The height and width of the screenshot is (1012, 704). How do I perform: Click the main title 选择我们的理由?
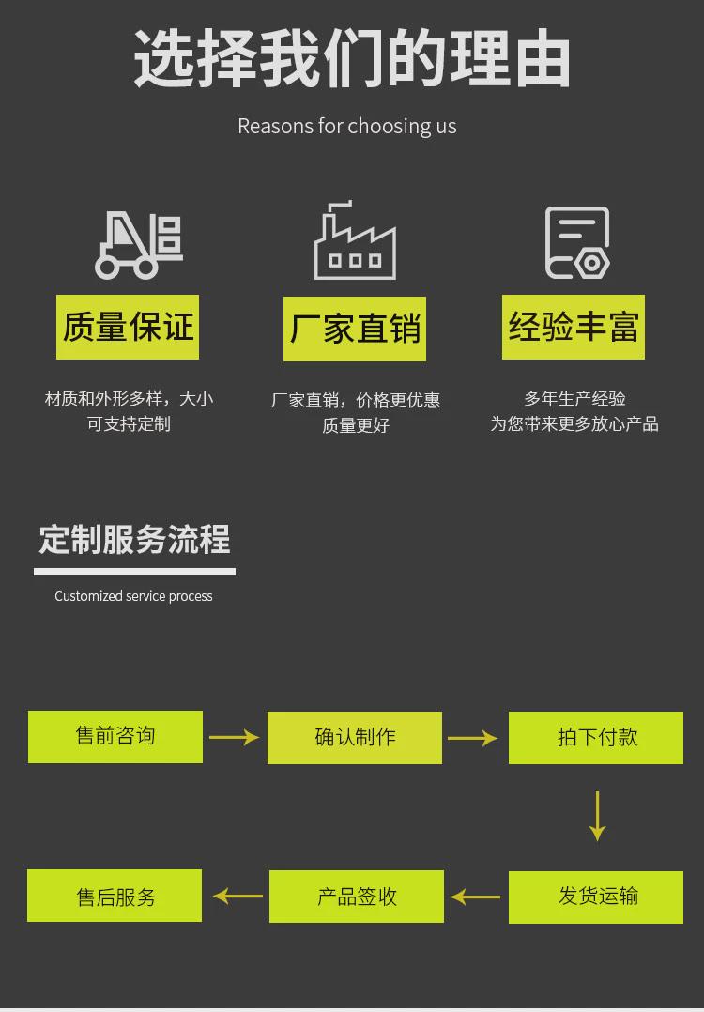click(352, 60)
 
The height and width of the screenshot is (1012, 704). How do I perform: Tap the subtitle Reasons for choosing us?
click(347, 126)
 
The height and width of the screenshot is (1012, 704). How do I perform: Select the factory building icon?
click(355, 242)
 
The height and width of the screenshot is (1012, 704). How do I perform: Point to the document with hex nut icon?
click(577, 243)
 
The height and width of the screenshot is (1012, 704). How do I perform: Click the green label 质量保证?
click(128, 327)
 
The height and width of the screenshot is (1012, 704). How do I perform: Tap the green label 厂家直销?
click(355, 330)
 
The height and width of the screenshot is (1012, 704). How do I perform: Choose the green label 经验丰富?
click(574, 327)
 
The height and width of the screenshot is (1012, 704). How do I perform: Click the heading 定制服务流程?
click(134, 540)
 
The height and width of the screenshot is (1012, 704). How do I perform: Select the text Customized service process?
click(133, 596)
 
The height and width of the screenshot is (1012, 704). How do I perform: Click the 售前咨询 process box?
click(115, 736)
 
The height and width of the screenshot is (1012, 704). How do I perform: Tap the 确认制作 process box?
click(355, 738)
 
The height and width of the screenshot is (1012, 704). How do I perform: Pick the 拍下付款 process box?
click(596, 738)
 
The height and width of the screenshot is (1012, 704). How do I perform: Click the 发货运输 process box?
click(596, 897)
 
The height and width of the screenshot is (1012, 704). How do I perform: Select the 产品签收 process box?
click(357, 897)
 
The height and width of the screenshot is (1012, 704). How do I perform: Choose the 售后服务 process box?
click(115, 896)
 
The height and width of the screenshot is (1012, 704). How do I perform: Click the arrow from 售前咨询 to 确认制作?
click(235, 737)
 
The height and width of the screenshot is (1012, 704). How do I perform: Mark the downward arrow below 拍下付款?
click(597, 816)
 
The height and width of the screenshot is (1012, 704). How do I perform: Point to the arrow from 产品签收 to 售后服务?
click(237, 896)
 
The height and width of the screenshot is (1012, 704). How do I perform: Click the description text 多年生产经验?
click(574, 399)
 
